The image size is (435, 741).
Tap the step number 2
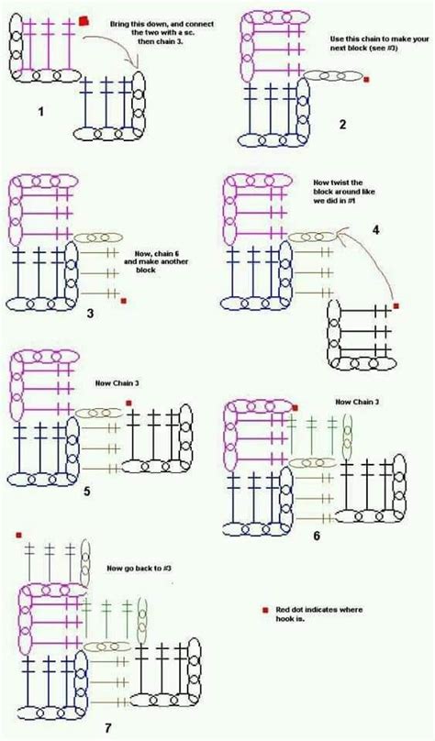click(343, 126)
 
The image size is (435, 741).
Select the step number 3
click(91, 313)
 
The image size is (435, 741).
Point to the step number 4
click(374, 230)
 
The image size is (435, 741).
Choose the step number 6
click(317, 535)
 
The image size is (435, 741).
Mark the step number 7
click(108, 728)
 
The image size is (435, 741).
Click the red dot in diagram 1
click(84, 20)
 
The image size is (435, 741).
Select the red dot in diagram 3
click(123, 299)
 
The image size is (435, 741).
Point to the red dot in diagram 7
click(18, 535)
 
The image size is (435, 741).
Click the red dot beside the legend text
click(265, 609)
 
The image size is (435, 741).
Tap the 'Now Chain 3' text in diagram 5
click(117, 383)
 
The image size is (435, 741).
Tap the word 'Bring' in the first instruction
click(120, 19)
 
